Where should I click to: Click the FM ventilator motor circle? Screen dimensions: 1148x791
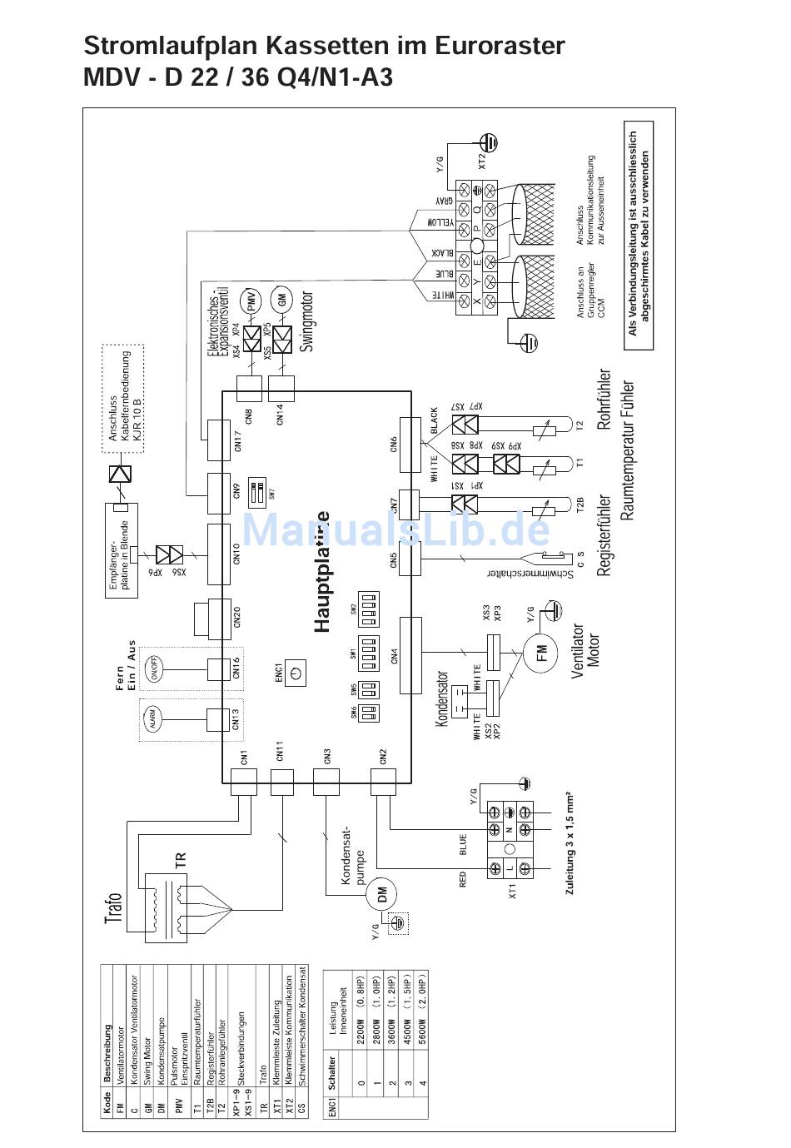pyautogui.click(x=542, y=649)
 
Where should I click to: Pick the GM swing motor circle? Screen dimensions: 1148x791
pyautogui.click(x=283, y=301)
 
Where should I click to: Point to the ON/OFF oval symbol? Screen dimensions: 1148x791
pyautogui.click(x=154, y=667)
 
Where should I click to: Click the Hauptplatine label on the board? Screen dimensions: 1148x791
pyautogui.click(x=322, y=572)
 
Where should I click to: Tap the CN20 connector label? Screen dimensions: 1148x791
pyautogui.click(x=237, y=617)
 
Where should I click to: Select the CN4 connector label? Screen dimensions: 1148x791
pyautogui.click(x=395, y=655)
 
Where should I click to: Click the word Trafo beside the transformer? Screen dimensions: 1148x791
pyautogui.click(x=114, y=908)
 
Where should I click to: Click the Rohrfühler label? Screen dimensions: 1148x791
pyautogui.click(x=604, y=399)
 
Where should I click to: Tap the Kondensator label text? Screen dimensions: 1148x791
pyautogui.click(x=442, y=699)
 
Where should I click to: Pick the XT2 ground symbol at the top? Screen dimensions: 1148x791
pyautogui.click(x=492, y=143)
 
